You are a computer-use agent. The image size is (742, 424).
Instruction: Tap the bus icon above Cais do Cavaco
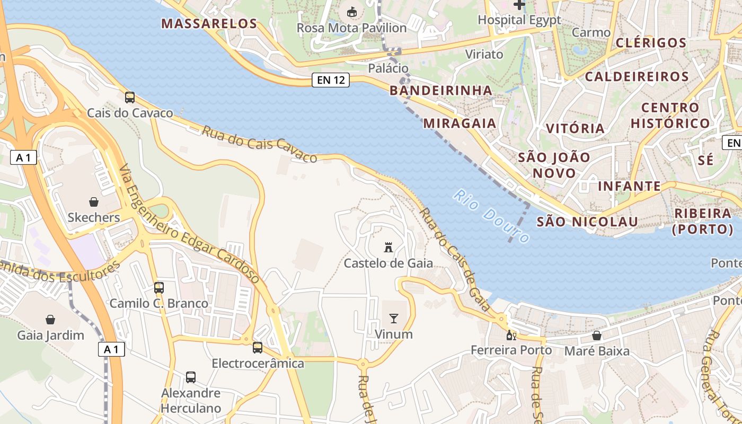(130, 97)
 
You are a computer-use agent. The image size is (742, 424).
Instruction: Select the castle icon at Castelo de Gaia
(388, 248)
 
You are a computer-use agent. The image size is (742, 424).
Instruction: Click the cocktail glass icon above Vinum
(393, 318)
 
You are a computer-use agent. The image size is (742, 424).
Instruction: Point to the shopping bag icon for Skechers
(94, 202)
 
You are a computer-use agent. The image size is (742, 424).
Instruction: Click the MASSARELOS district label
(209, 23)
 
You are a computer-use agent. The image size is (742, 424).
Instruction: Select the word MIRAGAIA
(460, 123)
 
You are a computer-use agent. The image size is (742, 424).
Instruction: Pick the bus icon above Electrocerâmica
(258, 348)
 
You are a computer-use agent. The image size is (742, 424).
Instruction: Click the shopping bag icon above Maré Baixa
(597, 335)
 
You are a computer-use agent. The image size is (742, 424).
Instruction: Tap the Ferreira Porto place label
(511, 350)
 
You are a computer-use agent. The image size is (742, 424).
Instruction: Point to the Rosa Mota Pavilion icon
(351, 12)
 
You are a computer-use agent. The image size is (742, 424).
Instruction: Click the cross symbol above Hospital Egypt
(519, 5)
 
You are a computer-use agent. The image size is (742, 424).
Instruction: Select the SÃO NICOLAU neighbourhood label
(587, 222)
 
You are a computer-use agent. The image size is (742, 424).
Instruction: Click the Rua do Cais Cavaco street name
(259, 144)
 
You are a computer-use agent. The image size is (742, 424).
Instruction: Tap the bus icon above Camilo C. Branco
(158, 288)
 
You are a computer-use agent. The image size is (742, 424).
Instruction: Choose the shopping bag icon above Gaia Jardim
(50, 320)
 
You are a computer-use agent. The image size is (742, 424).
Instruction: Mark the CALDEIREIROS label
(637, 76)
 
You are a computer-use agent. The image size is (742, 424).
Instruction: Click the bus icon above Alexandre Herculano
(191, 377)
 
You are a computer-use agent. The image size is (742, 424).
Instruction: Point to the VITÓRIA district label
(575, 128)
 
